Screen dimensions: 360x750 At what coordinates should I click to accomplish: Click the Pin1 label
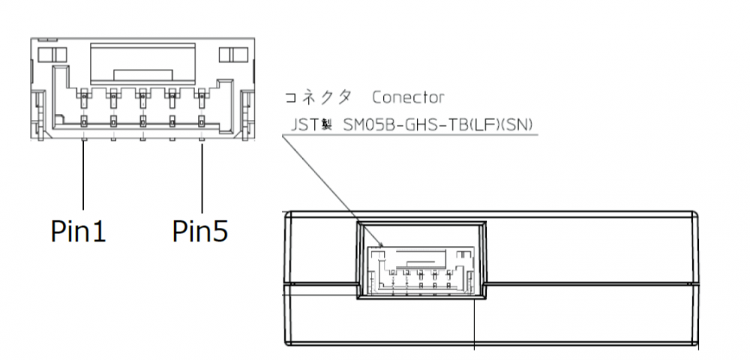(x=78, y=229)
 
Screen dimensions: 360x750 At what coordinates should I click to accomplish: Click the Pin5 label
(x=199, y=229)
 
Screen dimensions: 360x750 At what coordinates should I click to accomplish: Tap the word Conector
(x=408, y=97)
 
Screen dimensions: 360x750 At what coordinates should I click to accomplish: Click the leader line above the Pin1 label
(x=83, y=176)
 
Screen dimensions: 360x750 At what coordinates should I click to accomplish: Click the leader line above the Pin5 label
(x=202, y=176)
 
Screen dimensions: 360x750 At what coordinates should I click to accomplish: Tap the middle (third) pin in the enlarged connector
(x=142, y=120)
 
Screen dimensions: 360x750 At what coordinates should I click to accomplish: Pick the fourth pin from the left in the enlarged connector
(x=172, y=120)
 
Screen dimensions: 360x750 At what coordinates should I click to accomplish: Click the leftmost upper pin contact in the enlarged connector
(x=83, y=95)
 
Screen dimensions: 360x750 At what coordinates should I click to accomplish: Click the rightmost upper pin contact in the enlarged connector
(x=201, y=95)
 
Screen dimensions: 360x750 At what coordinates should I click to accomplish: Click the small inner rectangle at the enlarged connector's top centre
(x=142, y=74)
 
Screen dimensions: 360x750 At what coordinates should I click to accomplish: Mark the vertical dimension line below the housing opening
(x=476, y=322)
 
